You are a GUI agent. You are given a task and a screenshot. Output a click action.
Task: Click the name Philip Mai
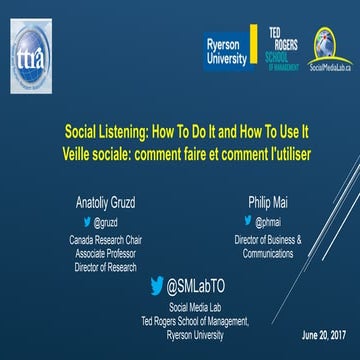[268, 202]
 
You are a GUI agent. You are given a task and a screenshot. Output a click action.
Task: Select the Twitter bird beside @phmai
[249, 222]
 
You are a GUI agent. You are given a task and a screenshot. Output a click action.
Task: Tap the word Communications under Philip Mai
[268, 254]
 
